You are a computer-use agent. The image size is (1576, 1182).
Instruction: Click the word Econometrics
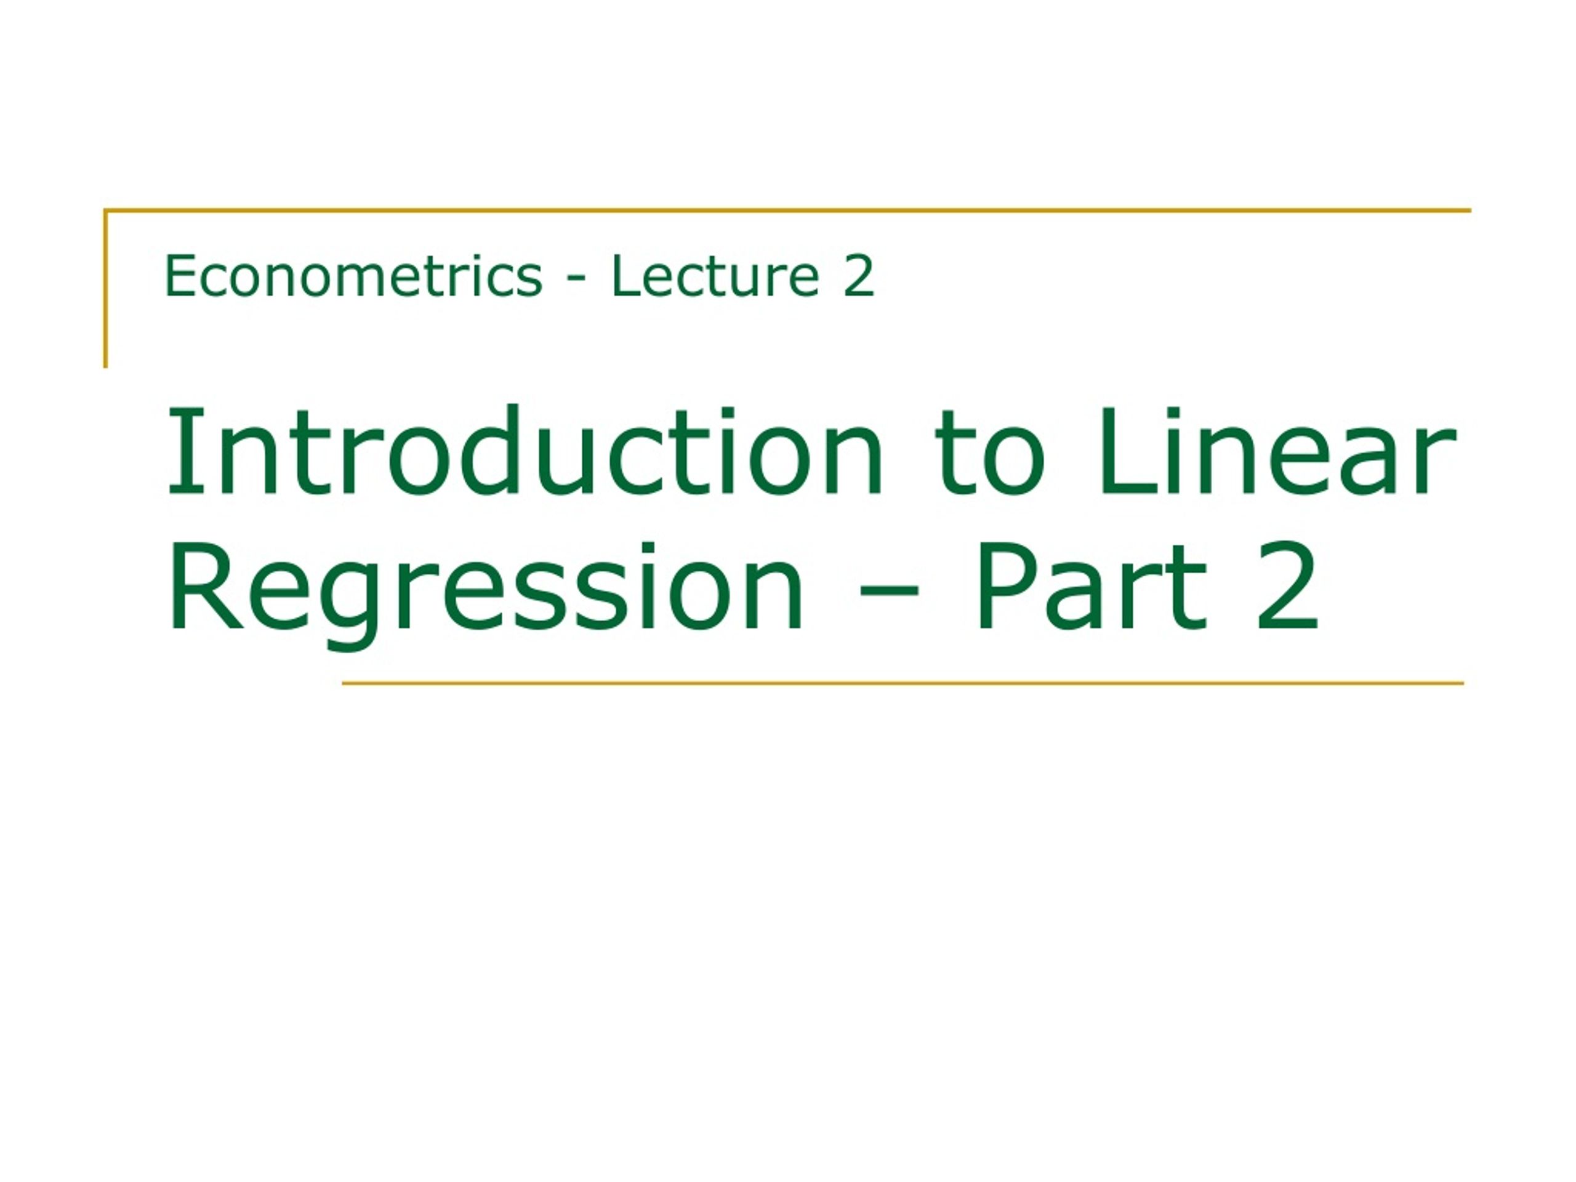tap(353, 276)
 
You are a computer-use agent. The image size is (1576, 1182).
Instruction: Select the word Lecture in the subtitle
tap(715, 276)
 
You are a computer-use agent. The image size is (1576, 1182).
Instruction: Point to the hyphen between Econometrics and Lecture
tap(576, 280)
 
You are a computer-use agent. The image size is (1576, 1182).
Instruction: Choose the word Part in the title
tap(1092, 587)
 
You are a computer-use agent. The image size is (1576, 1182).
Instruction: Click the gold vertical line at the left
tap(105, 289)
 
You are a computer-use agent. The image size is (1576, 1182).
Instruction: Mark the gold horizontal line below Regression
tap(903, 683)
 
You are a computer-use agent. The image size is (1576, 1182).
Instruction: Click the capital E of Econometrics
tap(181, 276)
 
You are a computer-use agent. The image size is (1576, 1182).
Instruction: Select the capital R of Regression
tap(207, 587)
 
